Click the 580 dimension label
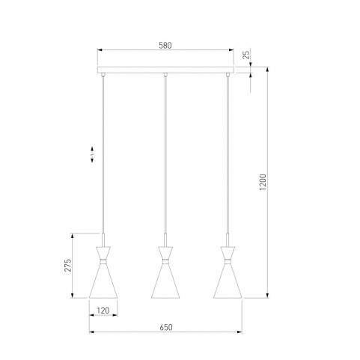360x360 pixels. point(165,46)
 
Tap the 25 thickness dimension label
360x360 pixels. point(246,55)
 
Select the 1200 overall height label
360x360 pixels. point(263,183)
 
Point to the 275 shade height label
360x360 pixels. point(68,266)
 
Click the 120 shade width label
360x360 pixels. point(103,311)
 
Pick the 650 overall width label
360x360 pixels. point(166,327)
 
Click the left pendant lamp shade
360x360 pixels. point(103,272)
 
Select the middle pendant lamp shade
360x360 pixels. point(165,272)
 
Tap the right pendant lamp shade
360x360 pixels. point(228,272)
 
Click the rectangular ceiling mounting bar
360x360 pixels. point(165,70)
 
